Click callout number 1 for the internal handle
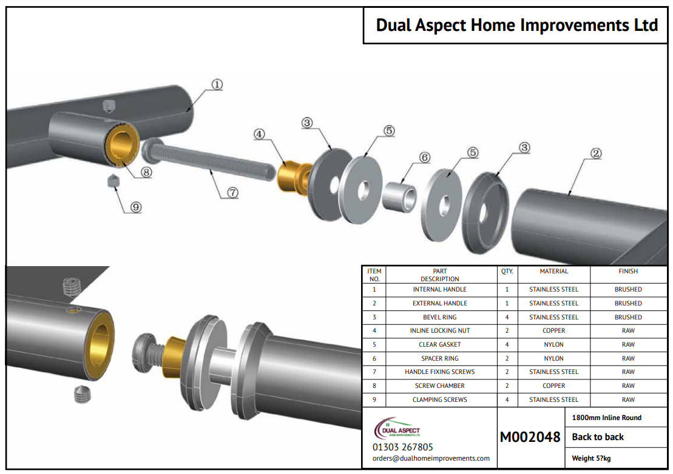(217, 84)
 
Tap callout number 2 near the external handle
(596, 153)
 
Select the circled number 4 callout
(259, 134)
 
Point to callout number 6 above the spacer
(424, 157)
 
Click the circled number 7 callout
(232, 193)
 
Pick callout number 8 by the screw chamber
(146, 172)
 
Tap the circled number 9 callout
(136, 207)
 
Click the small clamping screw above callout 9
(112, 181)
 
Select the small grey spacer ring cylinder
(399, 197)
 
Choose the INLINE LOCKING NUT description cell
(440, 330)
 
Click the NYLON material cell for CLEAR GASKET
(553, 344)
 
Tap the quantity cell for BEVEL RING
(507, 317)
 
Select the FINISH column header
(628, 272)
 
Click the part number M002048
(530, 436)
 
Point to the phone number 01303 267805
(402, 447)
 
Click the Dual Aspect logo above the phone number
(397, 428)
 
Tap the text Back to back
(598, 436)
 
